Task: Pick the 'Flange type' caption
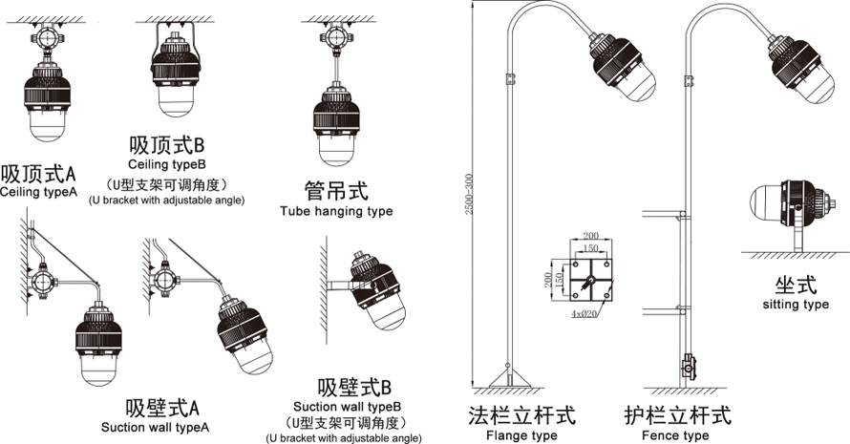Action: coord(521,435)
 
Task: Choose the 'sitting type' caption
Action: coord(796,305)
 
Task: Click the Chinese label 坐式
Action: coord(796,285)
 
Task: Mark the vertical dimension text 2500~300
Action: coord(470,197)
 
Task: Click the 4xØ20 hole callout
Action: coord(584,312)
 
